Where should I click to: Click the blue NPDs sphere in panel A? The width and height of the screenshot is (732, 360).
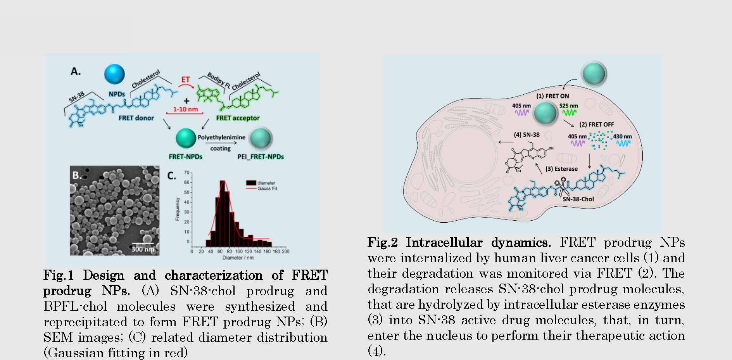(114, 74)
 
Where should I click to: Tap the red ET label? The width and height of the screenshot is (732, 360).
(186, 80)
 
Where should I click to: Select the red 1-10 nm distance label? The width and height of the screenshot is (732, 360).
(185, 109)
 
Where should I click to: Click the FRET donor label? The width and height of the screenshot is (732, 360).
(136, 118)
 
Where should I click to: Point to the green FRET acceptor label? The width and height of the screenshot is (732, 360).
(238, 118)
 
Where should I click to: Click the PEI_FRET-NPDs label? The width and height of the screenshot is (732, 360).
(261, 157)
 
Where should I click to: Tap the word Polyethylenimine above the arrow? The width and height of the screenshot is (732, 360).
(221, 137)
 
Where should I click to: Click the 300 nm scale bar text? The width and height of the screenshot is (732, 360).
(143, 249)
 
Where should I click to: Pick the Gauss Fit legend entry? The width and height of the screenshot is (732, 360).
(267, 189)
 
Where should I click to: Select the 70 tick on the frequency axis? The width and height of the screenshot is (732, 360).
(186, 173)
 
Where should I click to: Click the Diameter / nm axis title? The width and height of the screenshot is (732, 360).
(238, 258)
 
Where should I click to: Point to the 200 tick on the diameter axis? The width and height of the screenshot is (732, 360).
(286, 251)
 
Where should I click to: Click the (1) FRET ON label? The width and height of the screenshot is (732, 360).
(552, 96)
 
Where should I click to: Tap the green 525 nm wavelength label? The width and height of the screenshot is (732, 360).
(568, 106)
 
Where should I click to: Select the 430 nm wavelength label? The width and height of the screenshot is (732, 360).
(622, 137)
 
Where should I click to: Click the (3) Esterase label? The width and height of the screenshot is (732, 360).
(561, 169)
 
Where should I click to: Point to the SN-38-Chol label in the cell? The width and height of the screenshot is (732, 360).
(578, 199)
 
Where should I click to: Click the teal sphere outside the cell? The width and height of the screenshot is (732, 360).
(594, 74)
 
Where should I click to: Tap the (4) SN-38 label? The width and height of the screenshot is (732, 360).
(527, 135)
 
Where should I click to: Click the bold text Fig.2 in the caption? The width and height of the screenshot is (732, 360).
(383, 242)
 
